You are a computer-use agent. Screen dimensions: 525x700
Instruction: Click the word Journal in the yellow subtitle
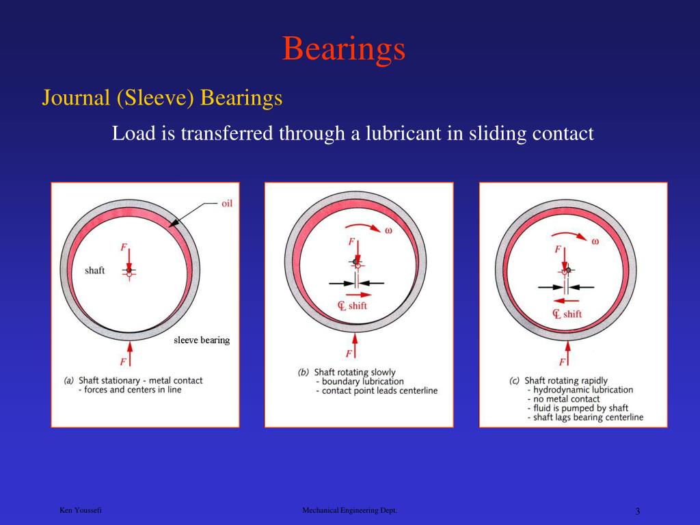[x=75, y=98]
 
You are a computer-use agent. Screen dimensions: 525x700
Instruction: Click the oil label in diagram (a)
[x=227, y=203]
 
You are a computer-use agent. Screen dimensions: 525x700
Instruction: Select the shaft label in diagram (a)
[x=94, y=271]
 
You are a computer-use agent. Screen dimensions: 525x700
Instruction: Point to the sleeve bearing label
[x=202, y=340]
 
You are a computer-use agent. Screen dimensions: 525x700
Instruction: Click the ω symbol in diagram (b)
[x=388, y=230]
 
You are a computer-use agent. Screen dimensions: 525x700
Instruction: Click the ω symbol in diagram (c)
[x=595, y=241]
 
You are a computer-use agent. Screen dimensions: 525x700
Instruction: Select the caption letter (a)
[x=69, y=381]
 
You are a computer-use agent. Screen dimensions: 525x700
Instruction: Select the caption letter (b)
[x=304, y=373]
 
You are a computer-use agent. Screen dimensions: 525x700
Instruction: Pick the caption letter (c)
[x=515, y=381]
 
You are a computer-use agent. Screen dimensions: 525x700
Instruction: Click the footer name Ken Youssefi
[x=81, y=511]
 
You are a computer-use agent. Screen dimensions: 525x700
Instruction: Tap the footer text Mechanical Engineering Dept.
[x=349, y=511]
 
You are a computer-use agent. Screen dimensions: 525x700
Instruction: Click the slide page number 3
[x=637, y=511]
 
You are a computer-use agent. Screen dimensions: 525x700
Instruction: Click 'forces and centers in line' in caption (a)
[x=133, y=390]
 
